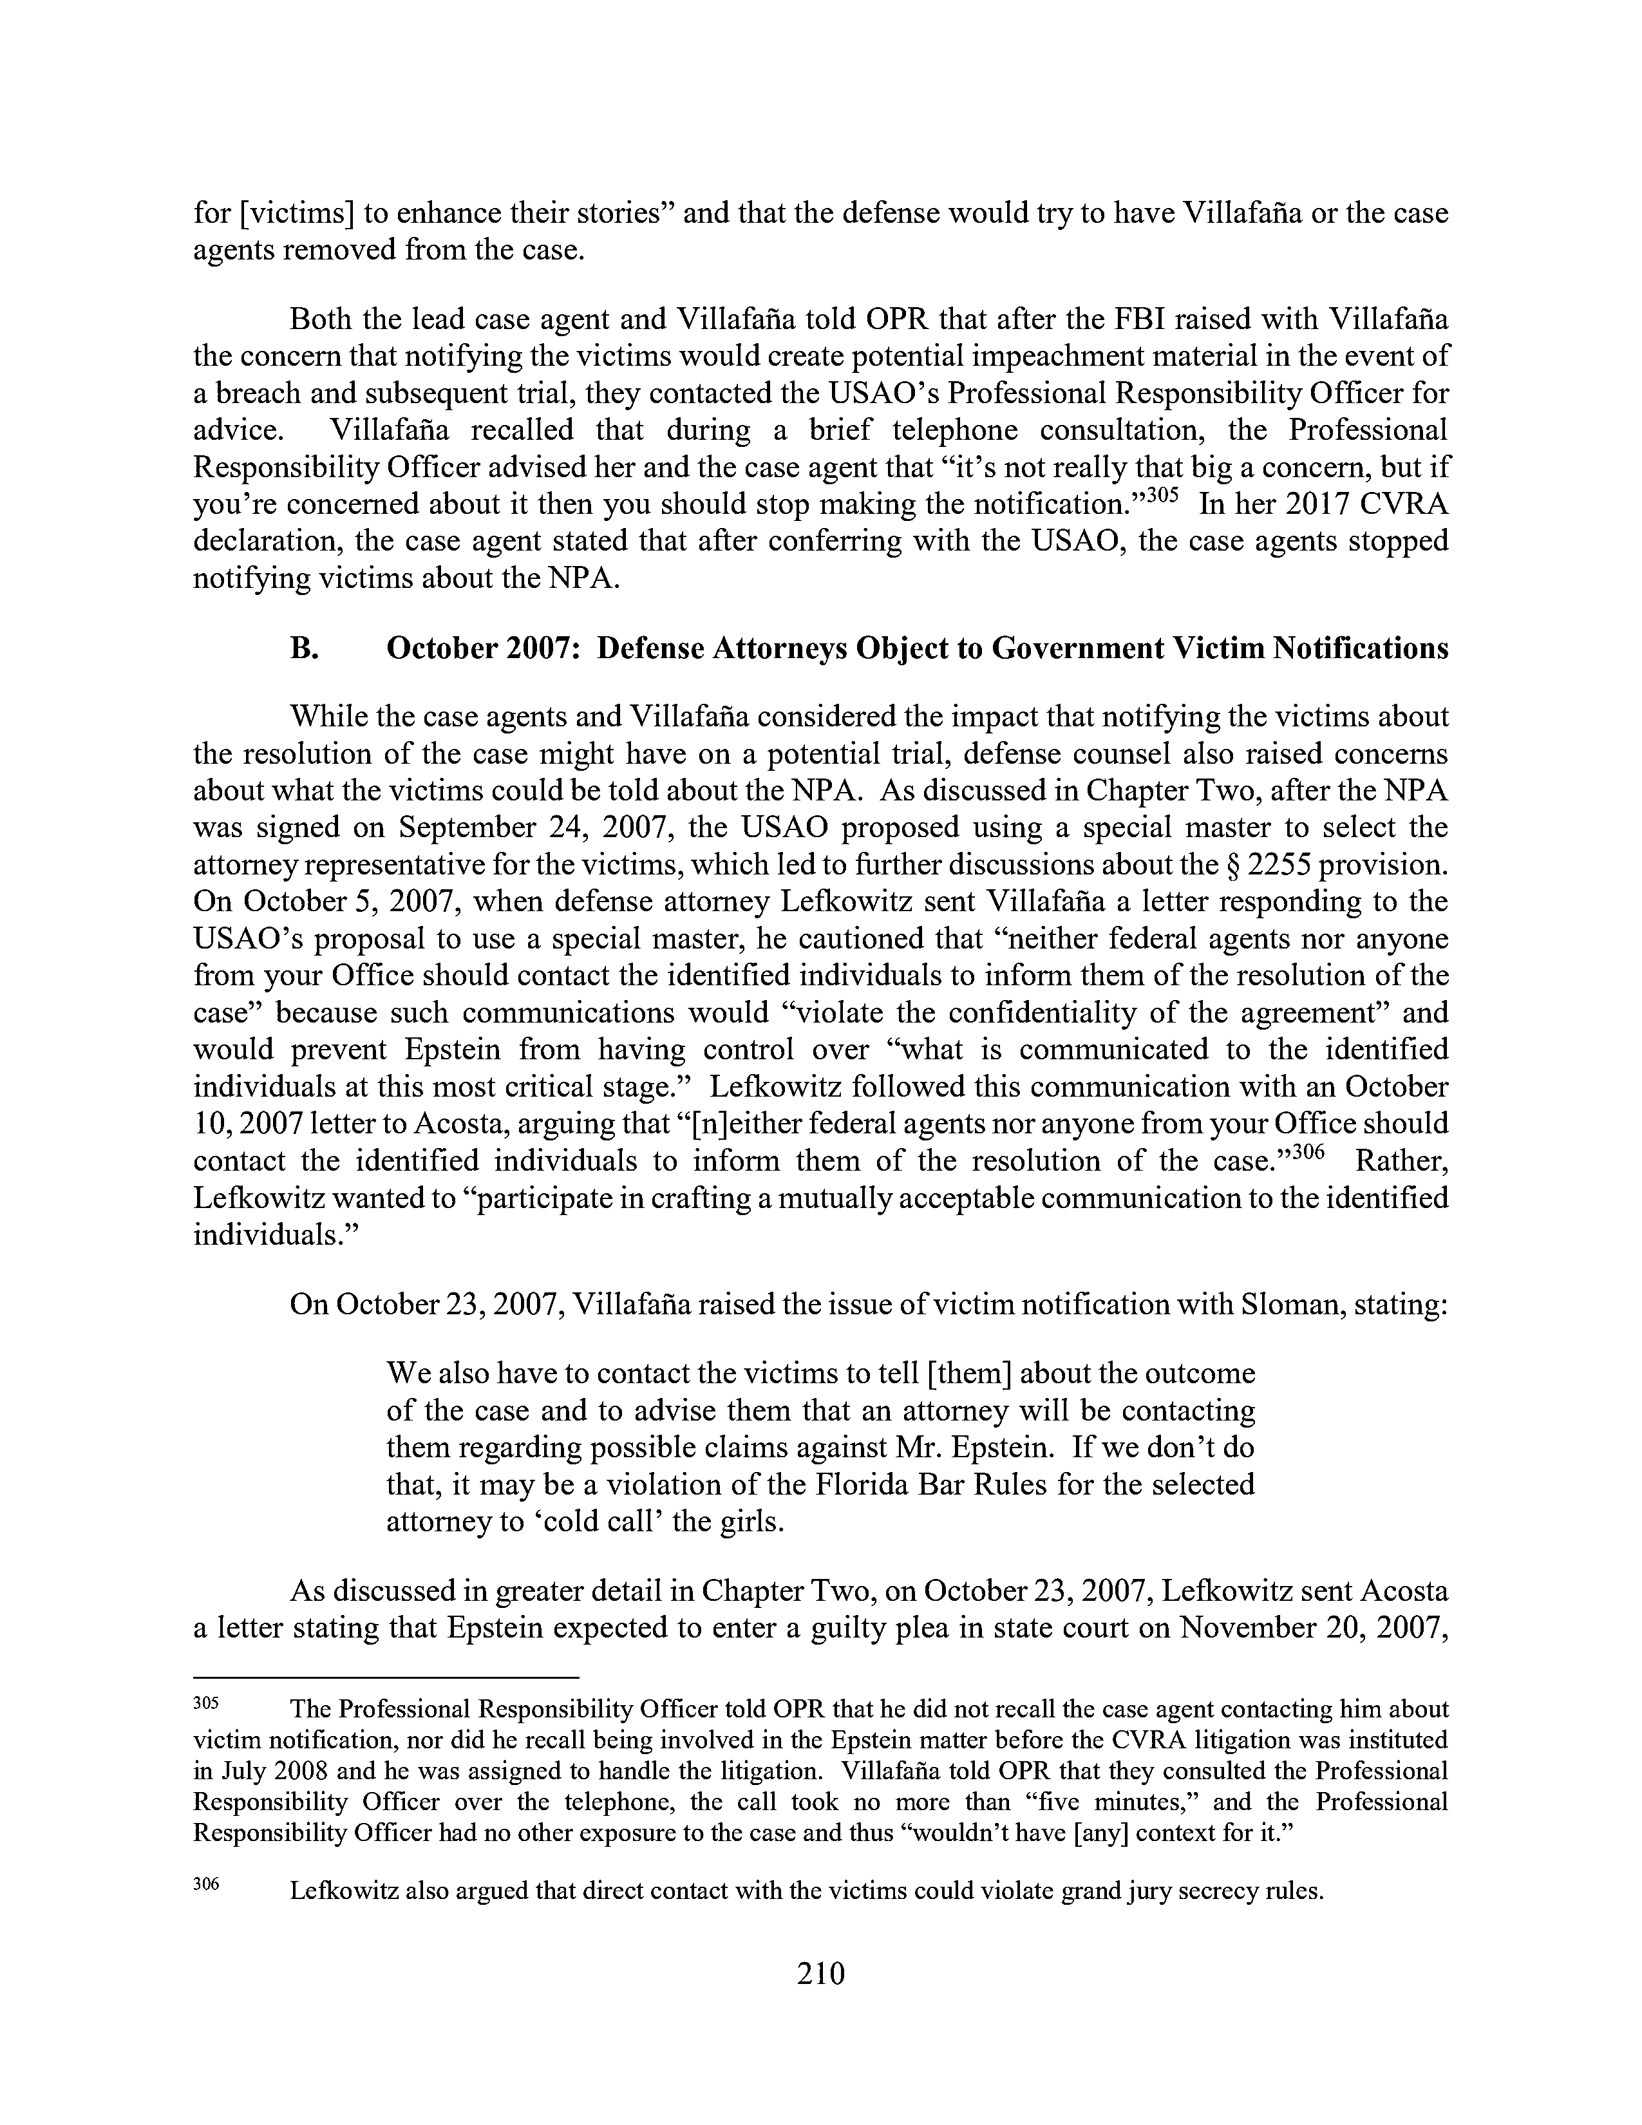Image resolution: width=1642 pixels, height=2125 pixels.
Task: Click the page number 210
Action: point(820,1972)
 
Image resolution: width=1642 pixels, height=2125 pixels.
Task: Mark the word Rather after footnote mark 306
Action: point(1401,1161)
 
